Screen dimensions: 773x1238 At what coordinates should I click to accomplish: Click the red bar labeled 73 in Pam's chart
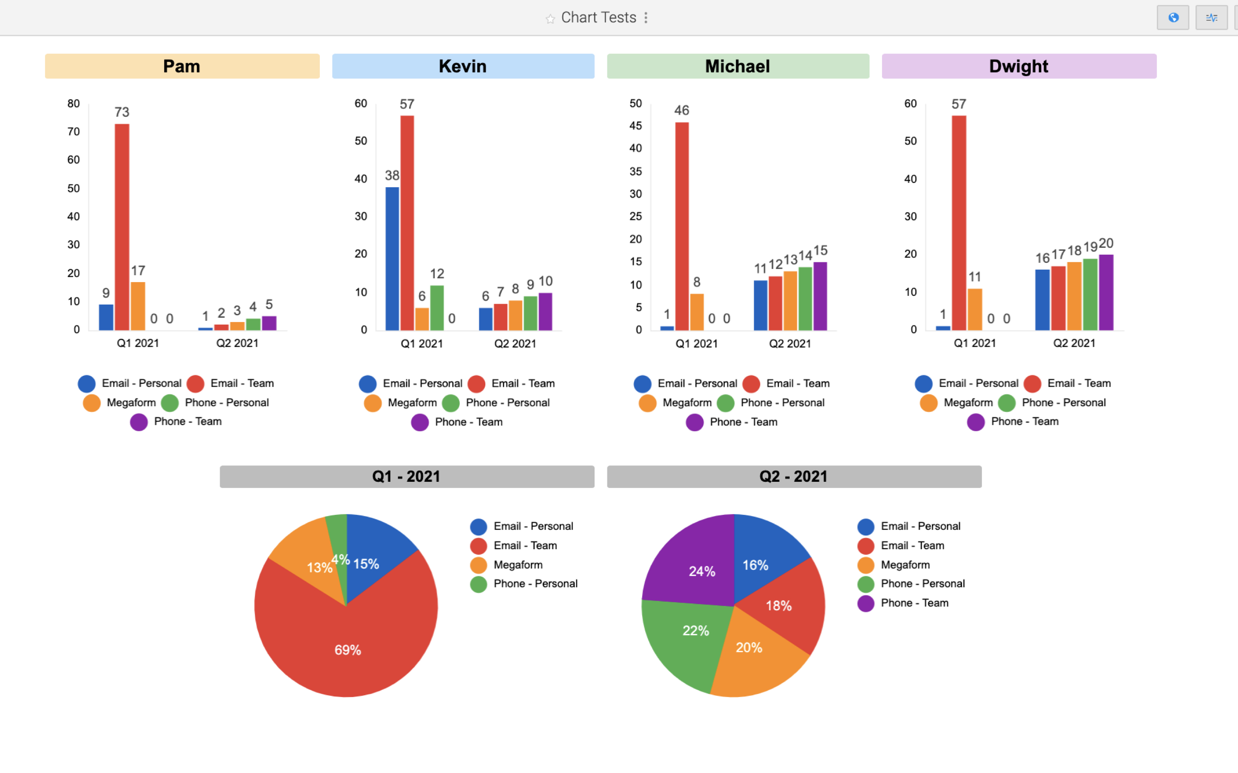pos(122,227)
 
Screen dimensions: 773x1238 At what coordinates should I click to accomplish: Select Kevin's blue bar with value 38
pos(392,258)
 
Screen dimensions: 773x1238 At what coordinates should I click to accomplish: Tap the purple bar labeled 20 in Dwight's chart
pos(1106,292)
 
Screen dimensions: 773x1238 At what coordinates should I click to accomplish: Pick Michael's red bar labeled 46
pos(681,226)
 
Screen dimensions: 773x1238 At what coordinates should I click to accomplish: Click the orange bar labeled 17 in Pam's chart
pos(138,306)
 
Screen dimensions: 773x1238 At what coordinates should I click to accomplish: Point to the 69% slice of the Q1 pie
pos(348,649)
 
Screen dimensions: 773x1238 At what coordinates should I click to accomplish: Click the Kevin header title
pos(463,66)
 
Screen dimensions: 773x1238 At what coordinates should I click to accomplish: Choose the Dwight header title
pos(1018,66)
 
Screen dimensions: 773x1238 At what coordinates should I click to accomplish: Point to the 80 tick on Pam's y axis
pos(74,104)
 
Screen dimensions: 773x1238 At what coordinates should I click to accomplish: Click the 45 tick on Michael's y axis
pos(635,126)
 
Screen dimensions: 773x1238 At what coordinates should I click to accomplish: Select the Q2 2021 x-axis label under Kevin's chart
pos(515,344)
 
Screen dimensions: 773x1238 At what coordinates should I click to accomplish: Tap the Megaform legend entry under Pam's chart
pos(131,403)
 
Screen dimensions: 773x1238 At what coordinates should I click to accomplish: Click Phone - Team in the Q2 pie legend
pos(914,603)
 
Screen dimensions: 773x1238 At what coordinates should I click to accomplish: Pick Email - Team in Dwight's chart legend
pos(1079,383)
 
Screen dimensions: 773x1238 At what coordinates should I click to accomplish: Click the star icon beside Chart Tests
pos(550,19)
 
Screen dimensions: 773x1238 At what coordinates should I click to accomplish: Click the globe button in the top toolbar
pos(1173,18)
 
